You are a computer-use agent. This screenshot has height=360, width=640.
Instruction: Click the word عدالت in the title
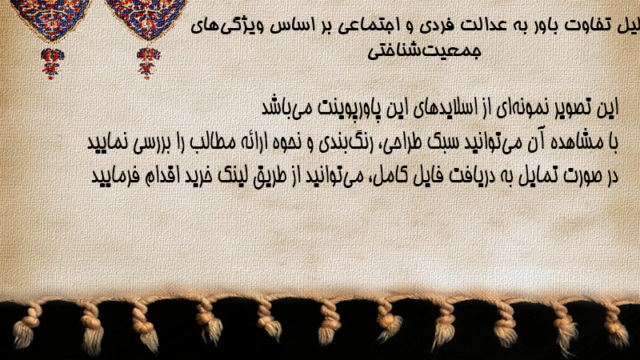point(484,26)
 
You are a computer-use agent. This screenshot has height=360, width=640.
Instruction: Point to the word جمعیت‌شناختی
point(425,51)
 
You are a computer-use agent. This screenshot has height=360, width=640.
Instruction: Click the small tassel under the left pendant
point(51,63)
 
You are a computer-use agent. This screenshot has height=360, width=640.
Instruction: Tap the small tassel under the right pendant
point(148,63)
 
